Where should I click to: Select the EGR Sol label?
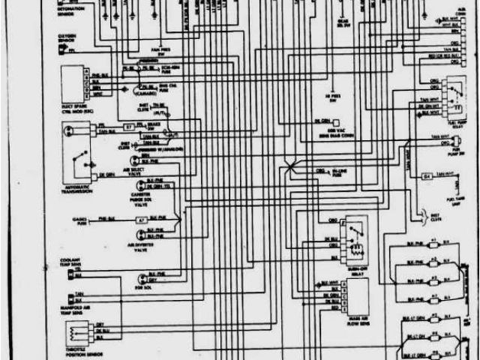pos(139,288)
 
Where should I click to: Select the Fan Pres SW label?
pos(160,52)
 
